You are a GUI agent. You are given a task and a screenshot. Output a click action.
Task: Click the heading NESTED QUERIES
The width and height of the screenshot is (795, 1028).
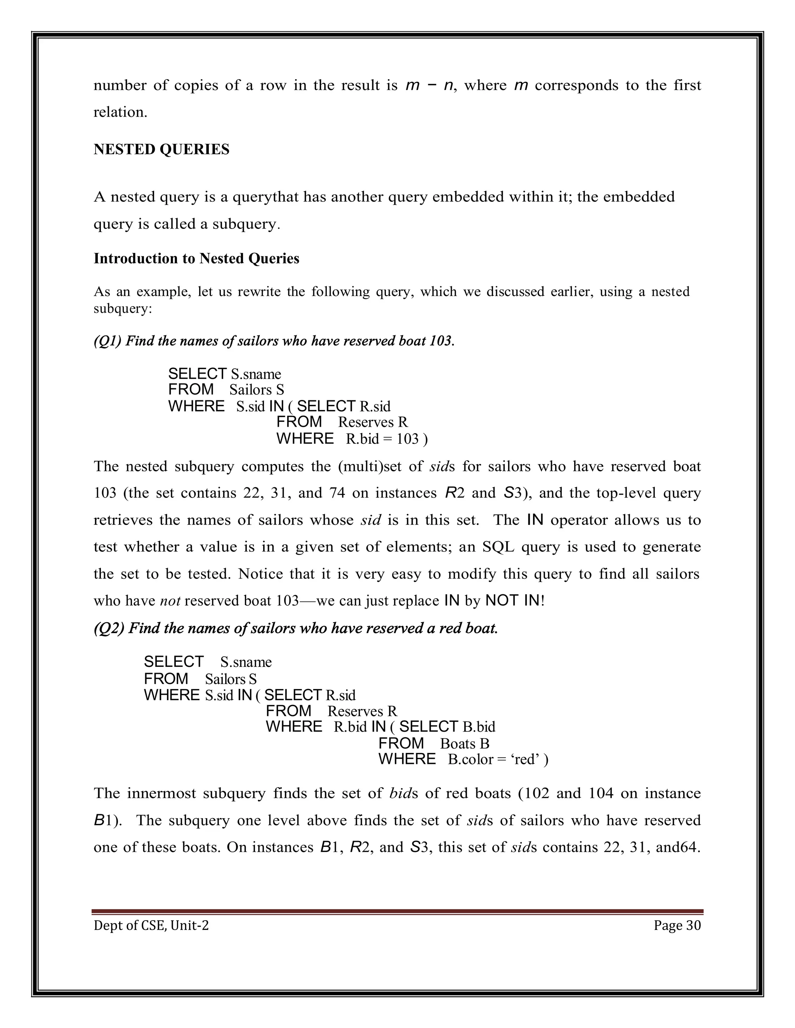[161, 149]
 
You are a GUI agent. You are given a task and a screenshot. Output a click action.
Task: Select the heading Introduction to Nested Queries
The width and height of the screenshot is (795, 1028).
[196, 258]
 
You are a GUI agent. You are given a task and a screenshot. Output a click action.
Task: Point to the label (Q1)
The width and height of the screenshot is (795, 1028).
[108, 340]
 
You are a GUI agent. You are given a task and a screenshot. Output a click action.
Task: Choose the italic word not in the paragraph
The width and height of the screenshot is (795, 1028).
[170, 601]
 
